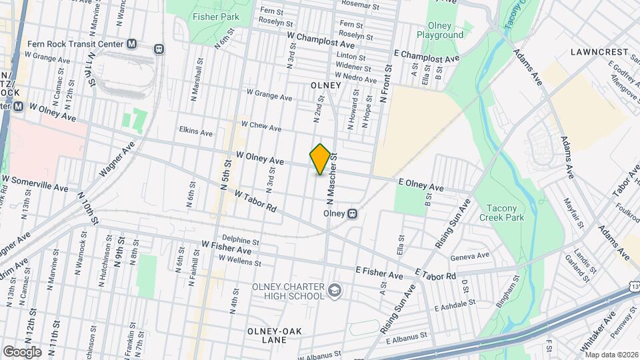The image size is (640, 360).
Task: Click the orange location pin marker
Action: click(320, 159)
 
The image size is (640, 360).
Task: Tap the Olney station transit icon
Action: click(353, 214)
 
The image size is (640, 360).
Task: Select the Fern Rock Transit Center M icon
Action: click(131, 44)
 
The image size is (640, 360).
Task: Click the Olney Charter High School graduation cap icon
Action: click(334, 290)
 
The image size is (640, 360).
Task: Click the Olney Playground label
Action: click(440, 31)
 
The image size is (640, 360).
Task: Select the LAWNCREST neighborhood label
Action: click(600, 51)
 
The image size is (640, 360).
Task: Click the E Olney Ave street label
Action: click(421, 184)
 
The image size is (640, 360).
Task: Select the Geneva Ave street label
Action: click(471, 256)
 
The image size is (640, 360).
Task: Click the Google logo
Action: click(22, 351)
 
